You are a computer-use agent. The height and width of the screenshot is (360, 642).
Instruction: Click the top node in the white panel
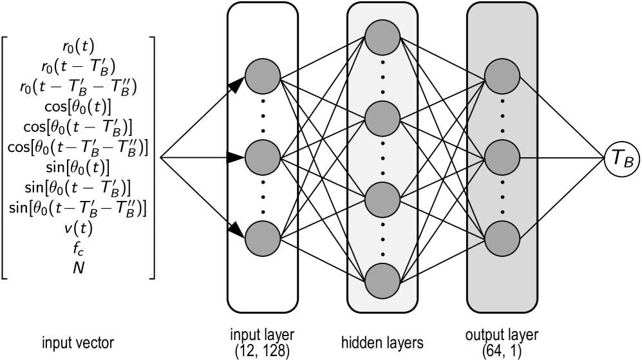point(263,76)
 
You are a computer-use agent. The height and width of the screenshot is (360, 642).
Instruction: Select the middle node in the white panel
point(263,157)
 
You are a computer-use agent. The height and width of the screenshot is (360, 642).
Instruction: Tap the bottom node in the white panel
point(263,238)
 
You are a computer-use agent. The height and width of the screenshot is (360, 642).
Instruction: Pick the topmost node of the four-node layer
point(382,37)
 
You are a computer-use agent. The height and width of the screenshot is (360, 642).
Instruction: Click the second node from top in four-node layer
point(382,118)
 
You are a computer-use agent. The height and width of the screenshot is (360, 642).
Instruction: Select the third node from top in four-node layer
point(382,200)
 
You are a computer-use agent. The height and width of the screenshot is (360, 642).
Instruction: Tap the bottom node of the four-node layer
point(382,281)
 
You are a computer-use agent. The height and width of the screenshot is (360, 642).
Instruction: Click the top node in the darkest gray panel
point(502,76)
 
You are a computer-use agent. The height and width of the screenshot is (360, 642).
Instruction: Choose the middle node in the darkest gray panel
point(502,157)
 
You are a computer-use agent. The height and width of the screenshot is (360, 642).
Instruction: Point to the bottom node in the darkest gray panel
point(502,238)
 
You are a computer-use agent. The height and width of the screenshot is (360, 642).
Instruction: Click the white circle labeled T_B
point(621,158)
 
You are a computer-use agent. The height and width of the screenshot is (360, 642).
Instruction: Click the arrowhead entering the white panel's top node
point(236,84)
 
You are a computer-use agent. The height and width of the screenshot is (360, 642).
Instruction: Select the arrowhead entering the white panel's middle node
point(235,157)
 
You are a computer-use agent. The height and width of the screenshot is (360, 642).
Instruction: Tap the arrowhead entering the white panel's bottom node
point(236,229)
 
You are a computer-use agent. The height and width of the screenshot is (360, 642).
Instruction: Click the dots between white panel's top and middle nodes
point(263,117)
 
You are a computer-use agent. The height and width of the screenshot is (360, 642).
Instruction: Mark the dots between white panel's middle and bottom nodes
point(263,198)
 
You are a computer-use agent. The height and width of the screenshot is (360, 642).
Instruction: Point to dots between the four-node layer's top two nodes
point(382,78)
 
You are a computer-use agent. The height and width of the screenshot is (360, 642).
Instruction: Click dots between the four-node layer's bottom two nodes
point(382,240)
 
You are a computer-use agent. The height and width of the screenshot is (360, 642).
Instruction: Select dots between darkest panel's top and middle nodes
point(502,117)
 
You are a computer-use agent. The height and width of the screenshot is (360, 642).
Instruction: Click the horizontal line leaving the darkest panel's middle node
point(528,157)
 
